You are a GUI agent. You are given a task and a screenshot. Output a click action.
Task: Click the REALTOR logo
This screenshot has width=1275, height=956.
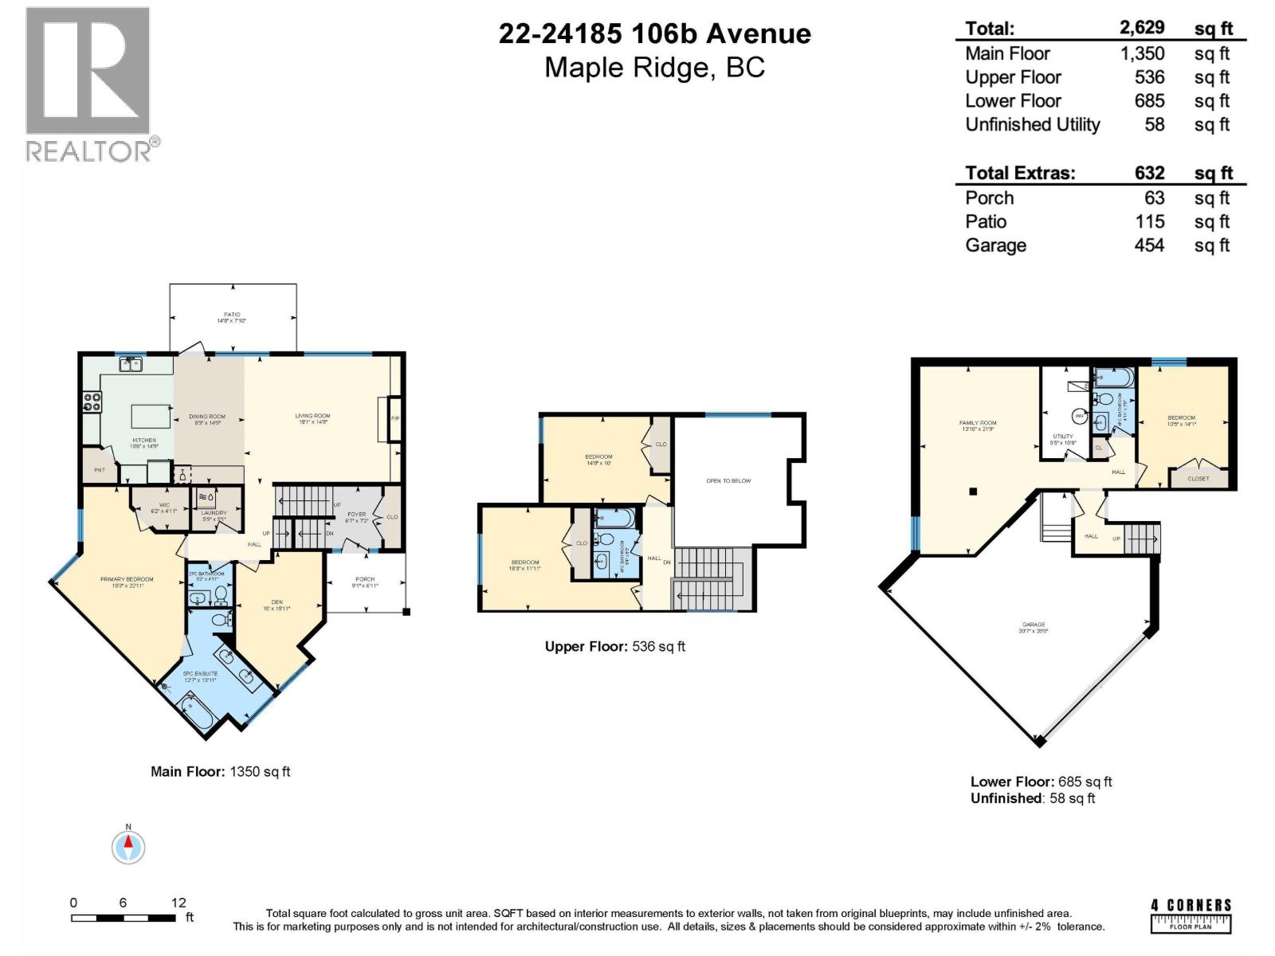click(x=88, y=84)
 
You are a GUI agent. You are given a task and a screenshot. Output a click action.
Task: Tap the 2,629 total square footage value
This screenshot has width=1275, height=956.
click(x=1142, y=28)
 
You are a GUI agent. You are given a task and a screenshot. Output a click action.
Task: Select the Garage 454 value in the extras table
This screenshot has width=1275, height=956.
click(x=1149, y=245)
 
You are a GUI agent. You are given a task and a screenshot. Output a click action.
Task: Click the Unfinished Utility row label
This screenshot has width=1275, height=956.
click(x=1032, y=125)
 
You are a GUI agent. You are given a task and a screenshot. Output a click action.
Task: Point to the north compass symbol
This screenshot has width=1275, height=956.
click(x=128, y=846)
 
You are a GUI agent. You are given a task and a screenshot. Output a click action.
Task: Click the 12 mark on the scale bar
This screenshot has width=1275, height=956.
click(x=178, y=903)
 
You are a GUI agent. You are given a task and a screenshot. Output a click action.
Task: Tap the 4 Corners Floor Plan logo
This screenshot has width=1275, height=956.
click(x=1191, y=915)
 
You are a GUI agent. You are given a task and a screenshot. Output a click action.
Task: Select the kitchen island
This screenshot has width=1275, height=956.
click(x=151, y=416)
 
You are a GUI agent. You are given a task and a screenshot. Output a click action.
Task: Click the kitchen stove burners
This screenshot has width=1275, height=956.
click(x=92, y=402)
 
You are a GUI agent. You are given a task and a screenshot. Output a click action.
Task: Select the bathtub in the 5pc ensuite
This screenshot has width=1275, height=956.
click(x=194, y=711)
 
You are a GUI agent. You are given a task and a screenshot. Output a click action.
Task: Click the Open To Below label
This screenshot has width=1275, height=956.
click(x=728, y=481)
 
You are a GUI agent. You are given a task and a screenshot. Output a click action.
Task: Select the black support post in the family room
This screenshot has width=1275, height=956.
click(x=973, y=492)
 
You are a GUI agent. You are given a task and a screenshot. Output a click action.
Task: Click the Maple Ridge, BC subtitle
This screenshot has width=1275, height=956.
click(x=654, y=68)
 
